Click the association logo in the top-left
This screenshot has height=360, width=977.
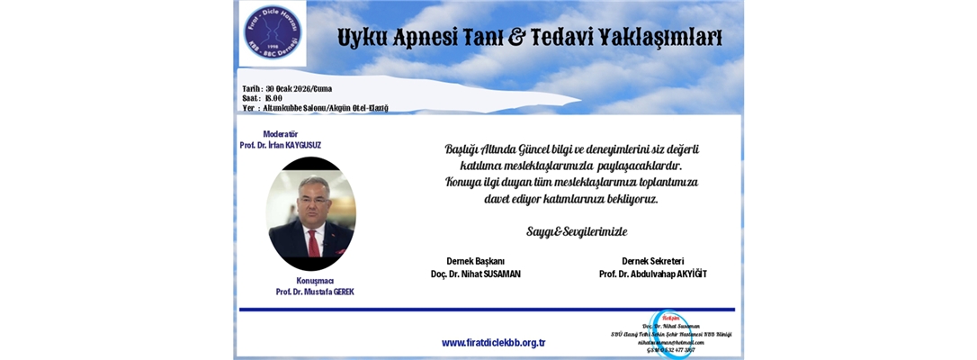click(x=273, y=33)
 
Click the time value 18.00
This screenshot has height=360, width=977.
click(x=273, y=98)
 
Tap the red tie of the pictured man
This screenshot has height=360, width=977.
click(x=313, y=242)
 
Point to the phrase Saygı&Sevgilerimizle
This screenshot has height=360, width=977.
click(x=577, y=231)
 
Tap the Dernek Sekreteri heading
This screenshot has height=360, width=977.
click(x=652, y=261)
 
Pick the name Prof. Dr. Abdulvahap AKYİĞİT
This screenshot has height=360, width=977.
click(x=652, y=274)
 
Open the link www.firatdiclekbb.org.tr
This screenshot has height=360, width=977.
click(x=494, y=343)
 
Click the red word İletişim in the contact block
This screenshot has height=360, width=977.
click(x=671, y=317)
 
